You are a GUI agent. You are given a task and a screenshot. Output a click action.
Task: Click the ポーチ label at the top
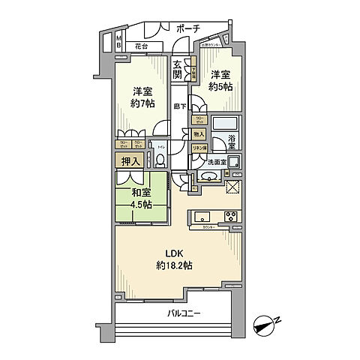[188, 28]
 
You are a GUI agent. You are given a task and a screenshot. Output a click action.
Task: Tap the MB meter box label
[119, 41]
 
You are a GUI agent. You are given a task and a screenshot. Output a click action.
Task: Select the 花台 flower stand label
[141, 46]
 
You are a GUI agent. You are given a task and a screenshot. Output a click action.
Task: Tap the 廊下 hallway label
[180, 106]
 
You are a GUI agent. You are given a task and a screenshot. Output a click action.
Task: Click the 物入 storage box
[198, 134]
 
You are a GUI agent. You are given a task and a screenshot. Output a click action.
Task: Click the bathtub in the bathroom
[224, 124]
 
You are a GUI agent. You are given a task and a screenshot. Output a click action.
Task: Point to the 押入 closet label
[127, 160]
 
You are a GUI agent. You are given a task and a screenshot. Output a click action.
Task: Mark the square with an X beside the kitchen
[232, 187]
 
